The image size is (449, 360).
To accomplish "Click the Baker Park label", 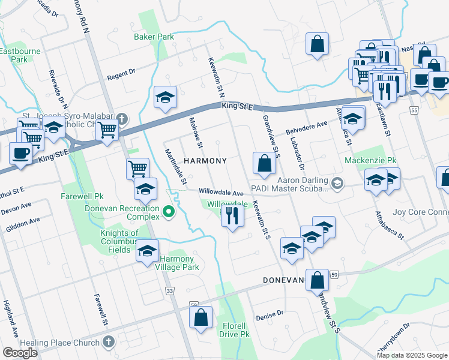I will pyautogui.click(x=154, y=37).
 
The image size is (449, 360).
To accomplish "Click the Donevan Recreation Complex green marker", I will pyautogui.click(x=169, y=211).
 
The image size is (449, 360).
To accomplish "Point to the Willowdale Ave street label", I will pyautogui.click(x=221, y=193).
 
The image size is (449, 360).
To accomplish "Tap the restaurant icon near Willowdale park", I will pyautogui.click(x=232, y=217).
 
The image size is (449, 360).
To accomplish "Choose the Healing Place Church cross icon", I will pyautogui.click(x=109, y=342).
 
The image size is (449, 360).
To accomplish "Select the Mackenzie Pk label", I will pyautogui.click(x=371, y=161).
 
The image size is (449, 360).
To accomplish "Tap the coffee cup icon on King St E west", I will pyautogui.click(x=21, y=153).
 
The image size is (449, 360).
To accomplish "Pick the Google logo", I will pyautogui.click(x=20, y=353).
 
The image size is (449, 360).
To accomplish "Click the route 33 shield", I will pyautogui.click(x=170, y=290).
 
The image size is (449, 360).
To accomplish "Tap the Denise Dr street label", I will pyautogui.click(x=269, y=315).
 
